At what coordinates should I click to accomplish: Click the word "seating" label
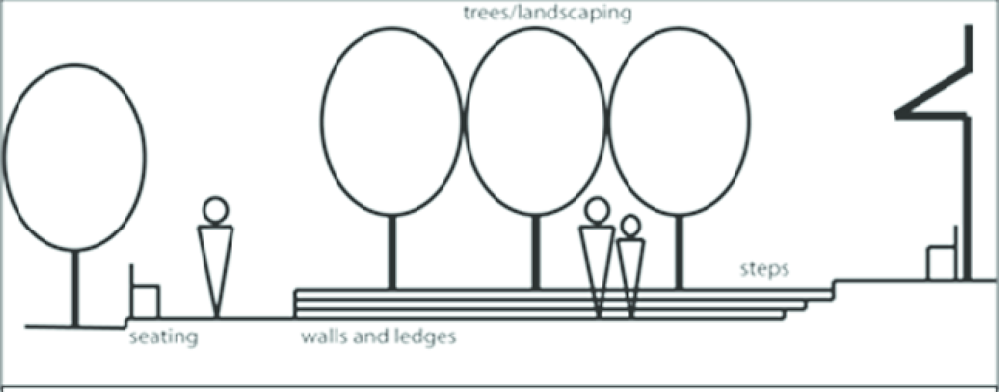pyautogui.click(x=164, y=337)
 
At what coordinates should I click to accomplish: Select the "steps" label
pyautogui.click(x=764, y=269)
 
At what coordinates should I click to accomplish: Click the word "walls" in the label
pyautogui.click(x=325, y=337)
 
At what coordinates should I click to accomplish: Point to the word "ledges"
pyautogui.click(x=419, y=337)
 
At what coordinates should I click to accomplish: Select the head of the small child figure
pyautogui.click(x=631, y=226)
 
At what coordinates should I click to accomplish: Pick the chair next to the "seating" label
pyautogui.click(x=144, y=296)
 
